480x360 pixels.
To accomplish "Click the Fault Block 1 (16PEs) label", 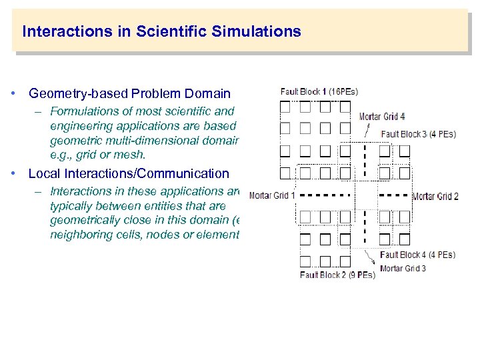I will (319, 92).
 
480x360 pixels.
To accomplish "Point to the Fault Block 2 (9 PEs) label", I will (337, 275).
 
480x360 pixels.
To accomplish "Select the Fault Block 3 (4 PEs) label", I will (418, 134).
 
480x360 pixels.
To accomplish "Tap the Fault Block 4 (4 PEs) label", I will (417, 255).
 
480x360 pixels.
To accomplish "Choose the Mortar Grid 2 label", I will (435, 196).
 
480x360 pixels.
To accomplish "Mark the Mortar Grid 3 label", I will (403, 269).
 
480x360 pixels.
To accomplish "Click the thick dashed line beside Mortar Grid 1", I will (323, 195).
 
